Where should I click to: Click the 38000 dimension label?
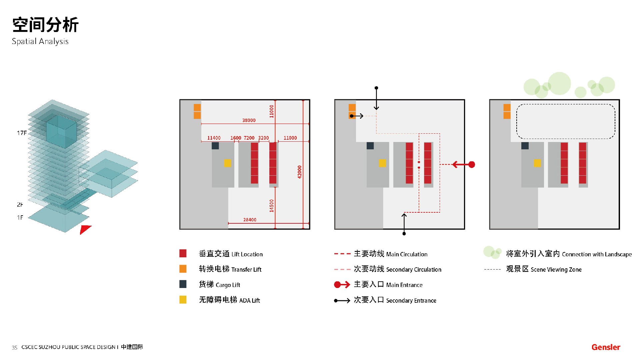249,120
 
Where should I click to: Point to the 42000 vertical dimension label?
299,172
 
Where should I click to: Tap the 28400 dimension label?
250,220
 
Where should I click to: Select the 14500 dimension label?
271,206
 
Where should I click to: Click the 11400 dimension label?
214,138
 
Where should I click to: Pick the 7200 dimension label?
249,138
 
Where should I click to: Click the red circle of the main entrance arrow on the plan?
472,164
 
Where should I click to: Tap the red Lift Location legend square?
183,253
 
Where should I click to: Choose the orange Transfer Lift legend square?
183,269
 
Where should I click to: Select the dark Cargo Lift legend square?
183,284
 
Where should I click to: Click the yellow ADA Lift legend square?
183,300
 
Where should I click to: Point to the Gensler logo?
606,347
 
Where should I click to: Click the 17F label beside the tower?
22,133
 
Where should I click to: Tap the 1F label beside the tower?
20,218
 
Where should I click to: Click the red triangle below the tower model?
85,229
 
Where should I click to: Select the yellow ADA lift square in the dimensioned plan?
227,163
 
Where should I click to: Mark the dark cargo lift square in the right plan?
525,146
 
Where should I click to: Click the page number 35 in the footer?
14,348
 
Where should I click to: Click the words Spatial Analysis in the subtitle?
40,41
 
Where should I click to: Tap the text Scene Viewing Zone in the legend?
556,270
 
